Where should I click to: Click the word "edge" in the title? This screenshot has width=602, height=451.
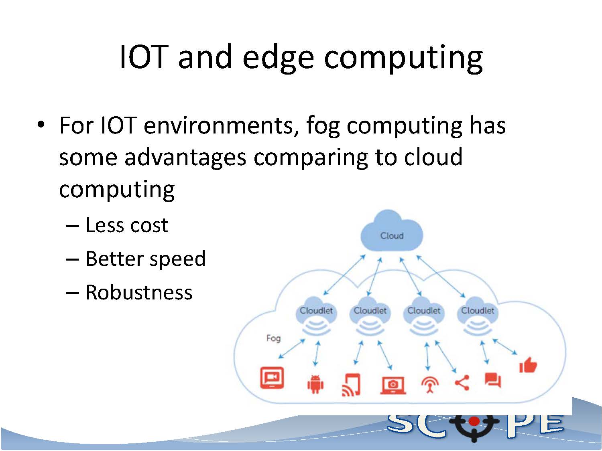[x=278, y=58]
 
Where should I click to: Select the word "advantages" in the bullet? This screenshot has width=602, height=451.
[x=185, y=158]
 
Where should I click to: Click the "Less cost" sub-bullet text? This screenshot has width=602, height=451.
[x=127, y=225]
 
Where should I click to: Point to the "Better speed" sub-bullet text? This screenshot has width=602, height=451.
[x=146, y=259]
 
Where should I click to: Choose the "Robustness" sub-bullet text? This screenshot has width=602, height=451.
[x=139, y=293]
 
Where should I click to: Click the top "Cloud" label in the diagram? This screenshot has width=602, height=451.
[x=392, y=236]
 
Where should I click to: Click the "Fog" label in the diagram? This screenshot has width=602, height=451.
[x=273, y=338]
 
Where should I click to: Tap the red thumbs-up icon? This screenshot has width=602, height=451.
[x=528, y=365]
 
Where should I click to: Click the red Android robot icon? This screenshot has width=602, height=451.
[x=315, y=384]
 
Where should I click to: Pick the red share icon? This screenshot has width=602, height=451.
[x=462, y=382]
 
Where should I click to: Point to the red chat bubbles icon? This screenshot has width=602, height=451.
[x=493, y=380]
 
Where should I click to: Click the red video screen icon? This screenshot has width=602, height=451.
[x=272, y=378]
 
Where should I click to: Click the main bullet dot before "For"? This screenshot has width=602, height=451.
[x=41, y=125]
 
